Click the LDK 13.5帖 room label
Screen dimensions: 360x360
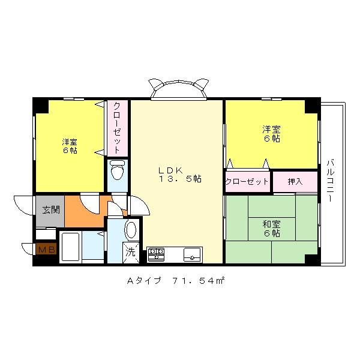180,175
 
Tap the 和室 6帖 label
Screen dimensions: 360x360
272,229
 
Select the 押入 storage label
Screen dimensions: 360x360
295,182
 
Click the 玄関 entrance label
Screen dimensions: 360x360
51,209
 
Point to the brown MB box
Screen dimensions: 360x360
47,249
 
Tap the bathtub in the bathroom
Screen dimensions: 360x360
71,247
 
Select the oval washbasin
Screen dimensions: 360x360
130,230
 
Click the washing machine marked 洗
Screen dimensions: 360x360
131,253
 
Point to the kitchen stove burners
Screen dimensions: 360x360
156,254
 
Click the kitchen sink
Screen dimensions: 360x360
193,254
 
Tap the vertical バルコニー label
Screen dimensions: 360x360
330,181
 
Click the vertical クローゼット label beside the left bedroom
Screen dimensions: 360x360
117,127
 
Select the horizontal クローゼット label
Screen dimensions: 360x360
247,182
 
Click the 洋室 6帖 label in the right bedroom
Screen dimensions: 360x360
272,134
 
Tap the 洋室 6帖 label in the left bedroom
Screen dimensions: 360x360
70,146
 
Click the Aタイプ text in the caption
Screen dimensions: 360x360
144,281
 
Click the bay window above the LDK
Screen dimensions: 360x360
179,89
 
